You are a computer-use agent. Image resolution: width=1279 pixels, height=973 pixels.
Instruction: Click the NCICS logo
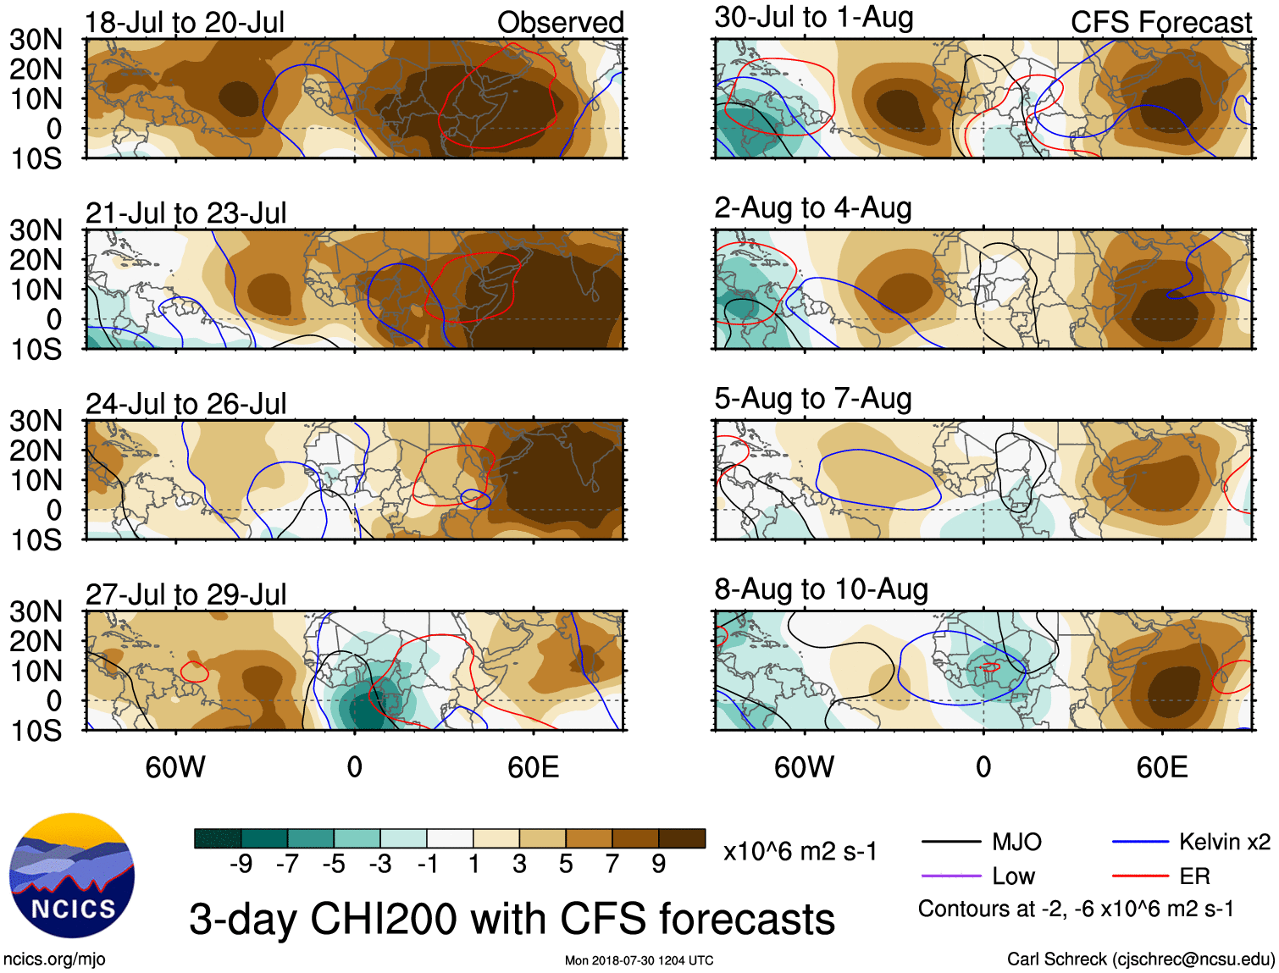[x=72, y=876]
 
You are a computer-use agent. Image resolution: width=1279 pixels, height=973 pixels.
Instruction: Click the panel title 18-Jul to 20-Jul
[x=185, y=23]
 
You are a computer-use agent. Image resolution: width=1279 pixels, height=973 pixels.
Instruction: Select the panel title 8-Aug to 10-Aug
[x=821, y=589]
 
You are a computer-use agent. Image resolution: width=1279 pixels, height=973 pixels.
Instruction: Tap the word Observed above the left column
[x=560, y=23]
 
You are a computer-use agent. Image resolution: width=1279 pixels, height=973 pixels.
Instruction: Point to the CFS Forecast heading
[x=1160, y=23]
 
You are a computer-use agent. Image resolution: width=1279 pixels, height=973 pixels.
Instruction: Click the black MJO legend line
[x=951, y=842]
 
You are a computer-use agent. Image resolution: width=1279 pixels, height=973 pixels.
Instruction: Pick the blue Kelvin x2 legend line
[x=1140, y=842]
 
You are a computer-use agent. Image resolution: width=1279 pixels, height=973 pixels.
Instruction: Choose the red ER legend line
[x=1140, y=876]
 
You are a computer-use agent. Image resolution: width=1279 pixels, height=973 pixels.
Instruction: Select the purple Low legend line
[x=951, y=876]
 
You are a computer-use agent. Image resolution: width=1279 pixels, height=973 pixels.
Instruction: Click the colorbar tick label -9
[x=241, y=864]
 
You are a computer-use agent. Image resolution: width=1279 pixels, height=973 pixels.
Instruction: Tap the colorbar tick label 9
[x=658, y=864]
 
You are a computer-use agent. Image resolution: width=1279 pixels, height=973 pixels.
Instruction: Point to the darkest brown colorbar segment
[x=682, y=838]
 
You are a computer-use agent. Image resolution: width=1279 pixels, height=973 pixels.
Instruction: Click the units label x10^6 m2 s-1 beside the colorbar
[x=800, y=851]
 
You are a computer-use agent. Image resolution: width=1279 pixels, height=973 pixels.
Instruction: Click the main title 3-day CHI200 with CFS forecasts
[x=512, y=919]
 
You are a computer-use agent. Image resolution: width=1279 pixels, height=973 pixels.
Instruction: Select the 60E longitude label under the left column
[x=533, y=768]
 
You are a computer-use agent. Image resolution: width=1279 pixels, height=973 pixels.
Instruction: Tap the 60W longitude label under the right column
[x=804, y=768]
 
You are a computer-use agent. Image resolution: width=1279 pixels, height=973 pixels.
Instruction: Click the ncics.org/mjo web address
[x=54, y=959]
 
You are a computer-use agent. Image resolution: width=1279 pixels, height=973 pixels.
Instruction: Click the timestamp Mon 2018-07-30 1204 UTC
[x=639, y=960]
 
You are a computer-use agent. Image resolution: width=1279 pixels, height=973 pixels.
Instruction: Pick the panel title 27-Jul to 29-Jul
[x=185, y=594]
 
